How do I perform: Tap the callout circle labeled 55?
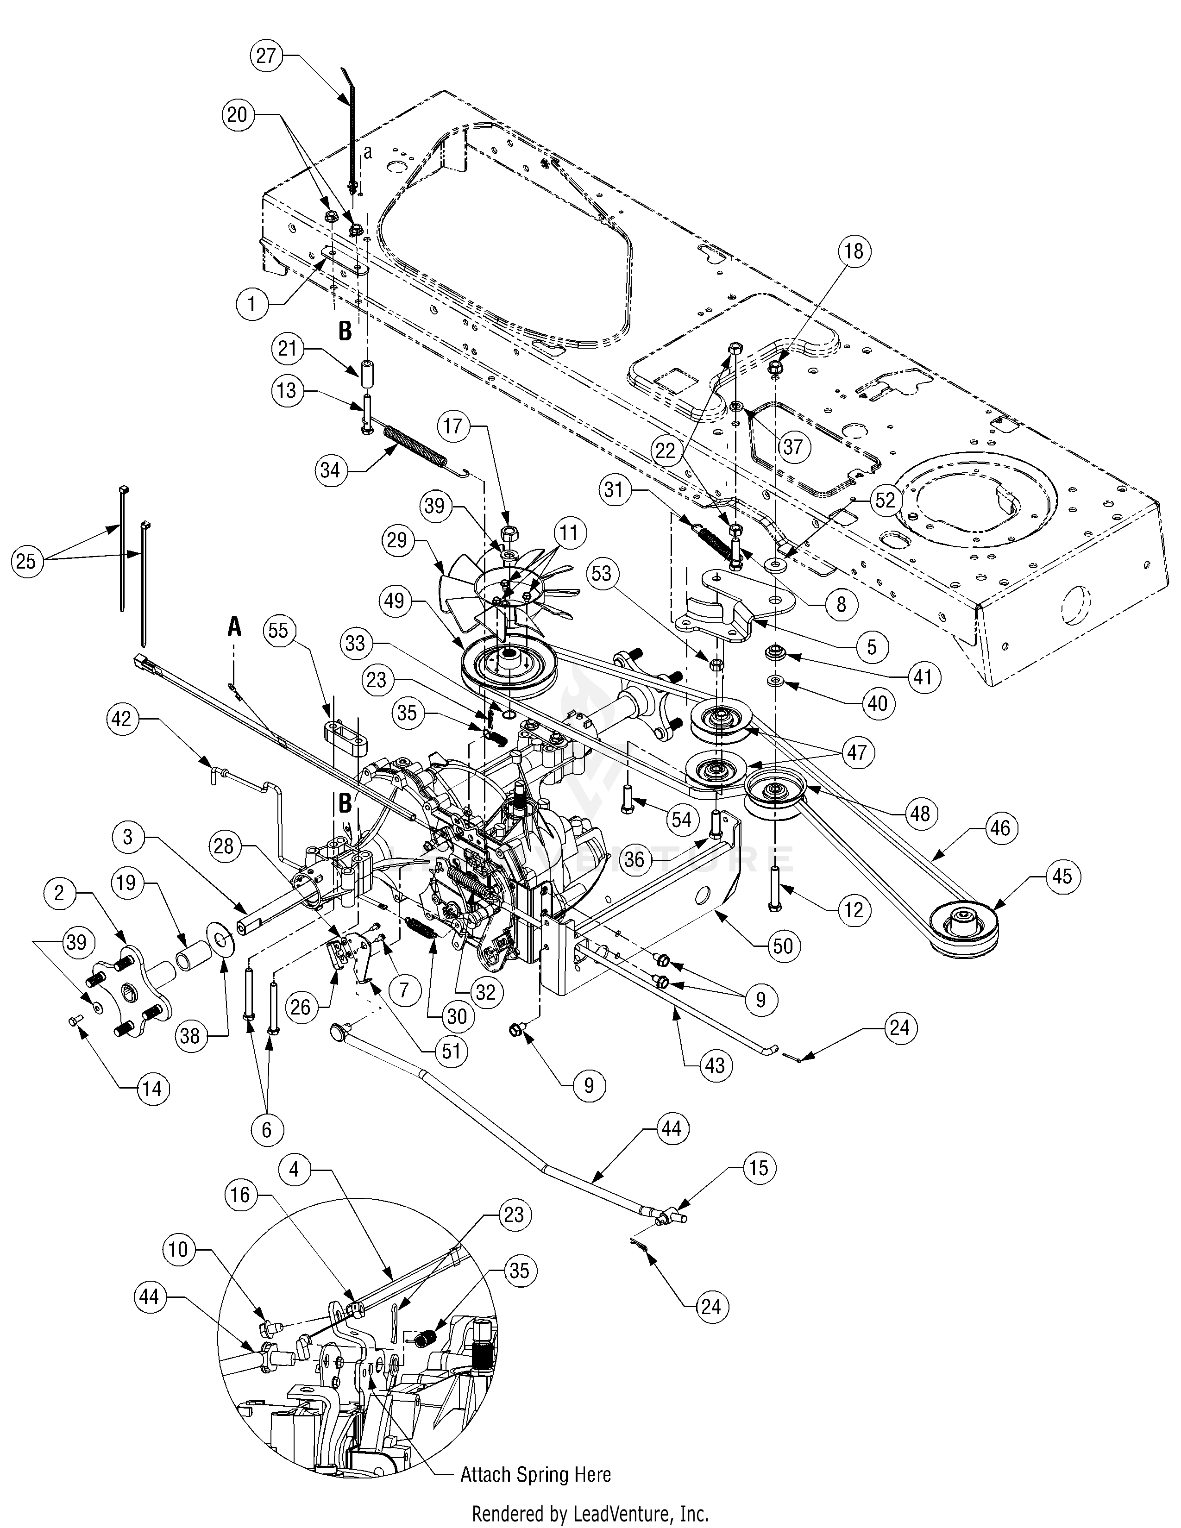coord(278,631)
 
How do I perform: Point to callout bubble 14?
coord(152,1088)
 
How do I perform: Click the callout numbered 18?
coord(855,252)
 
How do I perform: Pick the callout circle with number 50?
coord(783,946)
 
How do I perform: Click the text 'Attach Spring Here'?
coord(535,1474)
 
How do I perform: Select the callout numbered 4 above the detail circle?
coord(294,1170)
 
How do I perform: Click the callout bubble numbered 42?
coord(122,719)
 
